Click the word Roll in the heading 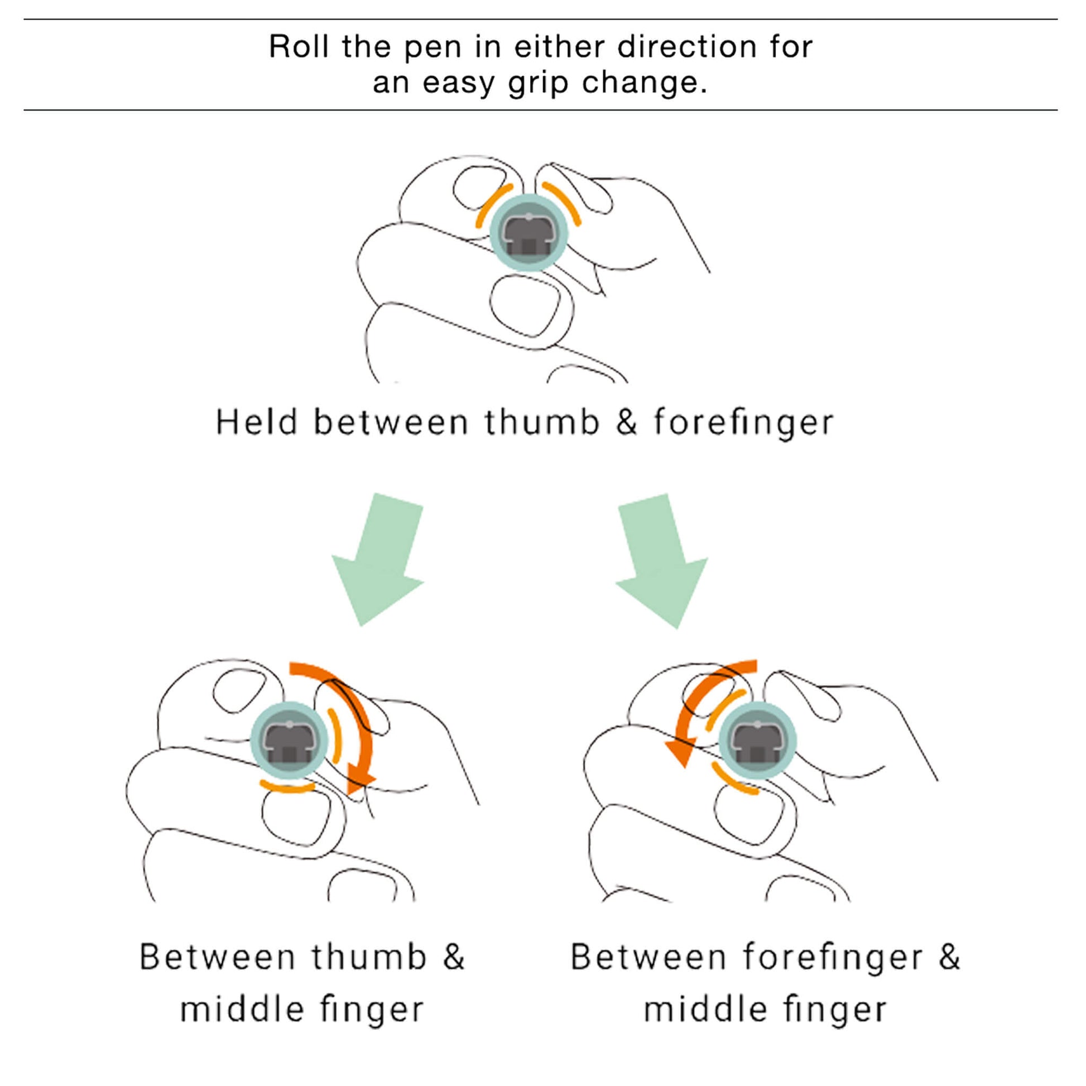(299, 47)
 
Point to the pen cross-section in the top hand (528, 232)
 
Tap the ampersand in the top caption (626, 422)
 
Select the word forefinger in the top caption (743, 423)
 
